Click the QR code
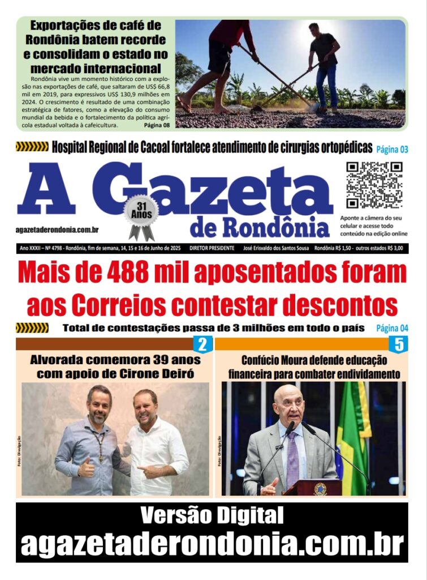[x=374, y=185]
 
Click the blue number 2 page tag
[x=202, y=344]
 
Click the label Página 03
[x=392, y=150]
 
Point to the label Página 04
[x=392, y=328]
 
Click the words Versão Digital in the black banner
[x=212, y=515]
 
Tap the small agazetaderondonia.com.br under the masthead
[x=58, y=229]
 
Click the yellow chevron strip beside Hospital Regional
[x=32, y=147]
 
